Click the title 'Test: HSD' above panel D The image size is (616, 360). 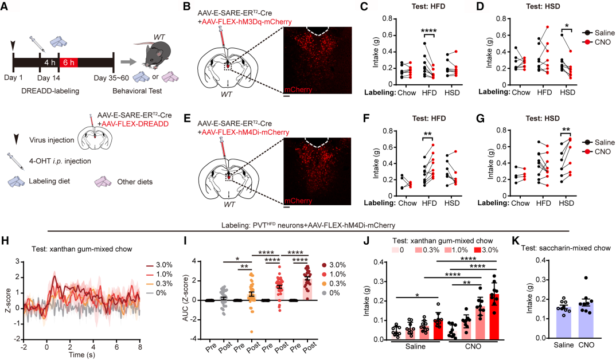point(524,7)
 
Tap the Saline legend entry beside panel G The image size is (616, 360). point(599,141)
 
